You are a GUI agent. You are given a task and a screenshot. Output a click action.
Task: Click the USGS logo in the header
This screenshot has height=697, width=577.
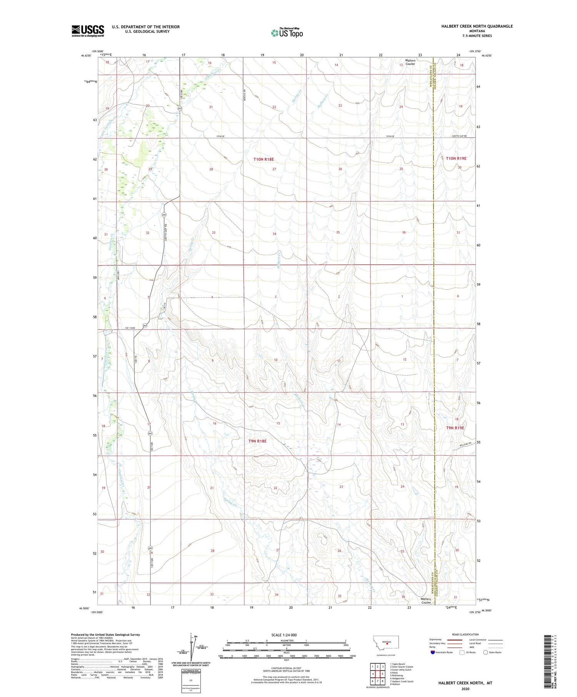click(x=88, y=31)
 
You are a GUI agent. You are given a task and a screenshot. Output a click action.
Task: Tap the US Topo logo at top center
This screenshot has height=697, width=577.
click(x=287, y=33)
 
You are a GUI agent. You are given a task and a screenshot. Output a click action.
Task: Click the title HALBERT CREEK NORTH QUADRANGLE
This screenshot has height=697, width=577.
click(x=477, y=26)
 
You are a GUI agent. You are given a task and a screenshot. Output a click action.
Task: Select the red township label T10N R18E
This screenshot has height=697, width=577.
click(x=263, y=159)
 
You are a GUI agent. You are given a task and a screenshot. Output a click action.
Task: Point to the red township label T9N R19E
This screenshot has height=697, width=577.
click(x=455, y=428)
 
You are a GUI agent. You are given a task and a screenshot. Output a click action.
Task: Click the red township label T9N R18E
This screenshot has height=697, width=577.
click(x=257, y=441)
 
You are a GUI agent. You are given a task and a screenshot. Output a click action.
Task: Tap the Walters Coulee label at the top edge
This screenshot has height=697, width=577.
click(x=410, y=62)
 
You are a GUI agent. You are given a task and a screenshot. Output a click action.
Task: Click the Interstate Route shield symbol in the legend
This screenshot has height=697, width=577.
click(x=433, y=652)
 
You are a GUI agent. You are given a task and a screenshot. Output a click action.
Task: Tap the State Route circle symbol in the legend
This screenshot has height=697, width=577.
click(x=485, y=652)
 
